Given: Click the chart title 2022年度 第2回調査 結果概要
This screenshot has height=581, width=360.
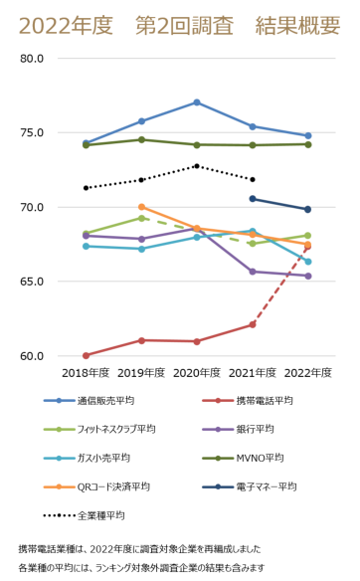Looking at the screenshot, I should click(x=179, y=26).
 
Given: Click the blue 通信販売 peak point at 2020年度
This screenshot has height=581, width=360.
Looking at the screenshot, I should click(x=197, y=102).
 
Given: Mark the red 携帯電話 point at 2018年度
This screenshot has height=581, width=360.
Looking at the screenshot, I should click(x=87, y=355).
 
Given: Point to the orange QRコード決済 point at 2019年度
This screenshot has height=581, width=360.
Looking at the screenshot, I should click(x=142, y=207).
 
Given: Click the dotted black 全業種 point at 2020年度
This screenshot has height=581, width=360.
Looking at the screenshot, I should click(x=197, y=166).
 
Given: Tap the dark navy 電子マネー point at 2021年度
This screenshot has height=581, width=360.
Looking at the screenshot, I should click(x=253, y=198).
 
